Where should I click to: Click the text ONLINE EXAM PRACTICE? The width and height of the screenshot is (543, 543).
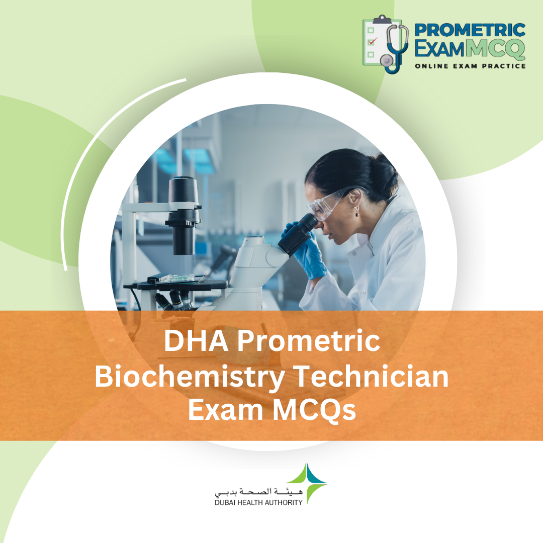click(470, 66)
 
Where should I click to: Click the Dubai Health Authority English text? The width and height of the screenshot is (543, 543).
click(258, 502)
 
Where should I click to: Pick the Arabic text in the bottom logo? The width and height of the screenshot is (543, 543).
click(258, 491)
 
